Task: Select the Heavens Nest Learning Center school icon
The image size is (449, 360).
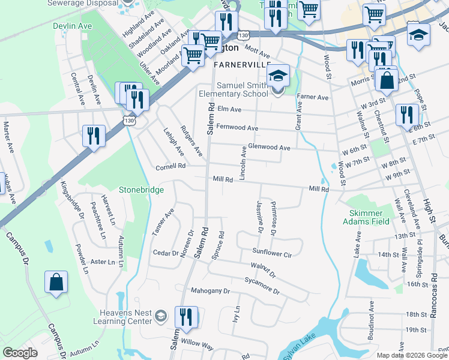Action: pyautogui.click(x=160, y=316)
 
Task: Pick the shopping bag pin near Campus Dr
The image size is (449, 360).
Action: pyautogui.click(x=56, y=283)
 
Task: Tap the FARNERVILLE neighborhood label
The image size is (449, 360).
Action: pyautogui.click(x=242, y=64)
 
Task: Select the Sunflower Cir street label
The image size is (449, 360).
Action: pyautogui.click(x=271, y=254)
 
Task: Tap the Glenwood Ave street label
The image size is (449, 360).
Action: pyautogui.click(x=269, y=148)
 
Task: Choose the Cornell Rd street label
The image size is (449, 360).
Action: pyautogui.click(x=170, y=166)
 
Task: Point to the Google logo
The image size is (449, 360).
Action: pyautogui.click(x=20, y=352)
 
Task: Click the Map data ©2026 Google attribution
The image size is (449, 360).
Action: pyautogui.click(x=412, y=355)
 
